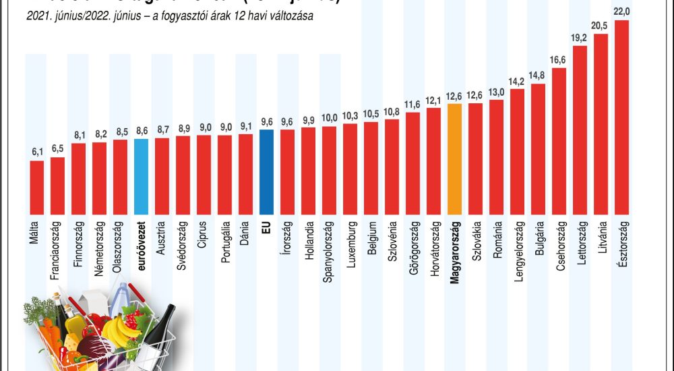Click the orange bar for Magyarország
coord(454,159)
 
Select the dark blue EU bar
coord(266,171)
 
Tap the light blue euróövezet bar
coord(141,176)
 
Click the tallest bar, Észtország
coord(622,117)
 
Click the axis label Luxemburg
coord(350,243)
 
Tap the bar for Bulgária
coord(539,148)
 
